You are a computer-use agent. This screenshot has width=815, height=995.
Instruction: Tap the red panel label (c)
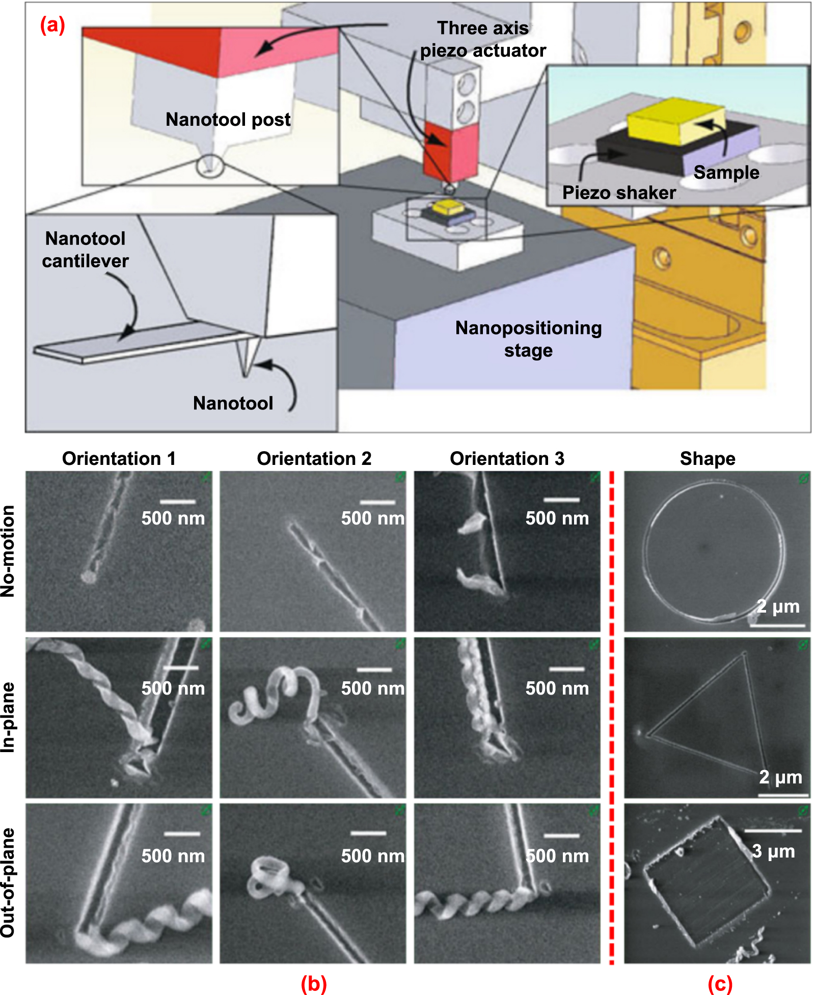pos(720,983)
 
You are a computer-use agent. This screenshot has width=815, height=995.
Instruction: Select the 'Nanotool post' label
pos(228,120)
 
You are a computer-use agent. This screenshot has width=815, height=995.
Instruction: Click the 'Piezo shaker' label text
pos(618,193)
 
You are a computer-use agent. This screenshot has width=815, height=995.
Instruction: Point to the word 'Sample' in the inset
pos(726,173)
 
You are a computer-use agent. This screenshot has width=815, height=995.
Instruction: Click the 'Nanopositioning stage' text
pos(528,339)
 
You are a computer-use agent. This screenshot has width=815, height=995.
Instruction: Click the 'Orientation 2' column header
pos(314,458)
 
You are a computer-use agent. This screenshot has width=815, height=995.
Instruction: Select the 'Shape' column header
pos(707,458)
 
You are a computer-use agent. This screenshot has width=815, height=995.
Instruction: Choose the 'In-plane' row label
pos(9,717)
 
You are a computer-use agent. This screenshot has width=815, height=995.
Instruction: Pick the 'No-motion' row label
pos(9,551)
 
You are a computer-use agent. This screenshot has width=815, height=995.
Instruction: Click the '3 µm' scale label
pos(773,851)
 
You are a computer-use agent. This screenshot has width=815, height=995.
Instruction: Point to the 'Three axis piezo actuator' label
pos(482,39)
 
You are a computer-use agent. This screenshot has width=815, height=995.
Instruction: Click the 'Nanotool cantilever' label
pos(85,250)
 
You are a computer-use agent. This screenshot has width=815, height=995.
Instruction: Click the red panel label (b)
pos(313,983)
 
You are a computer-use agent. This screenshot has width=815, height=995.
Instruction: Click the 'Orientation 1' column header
pos(119,458)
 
